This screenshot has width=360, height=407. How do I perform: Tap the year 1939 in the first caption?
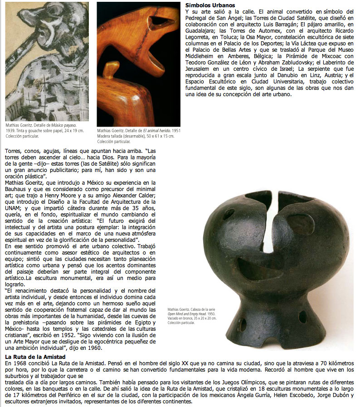(x=11, y=130)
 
